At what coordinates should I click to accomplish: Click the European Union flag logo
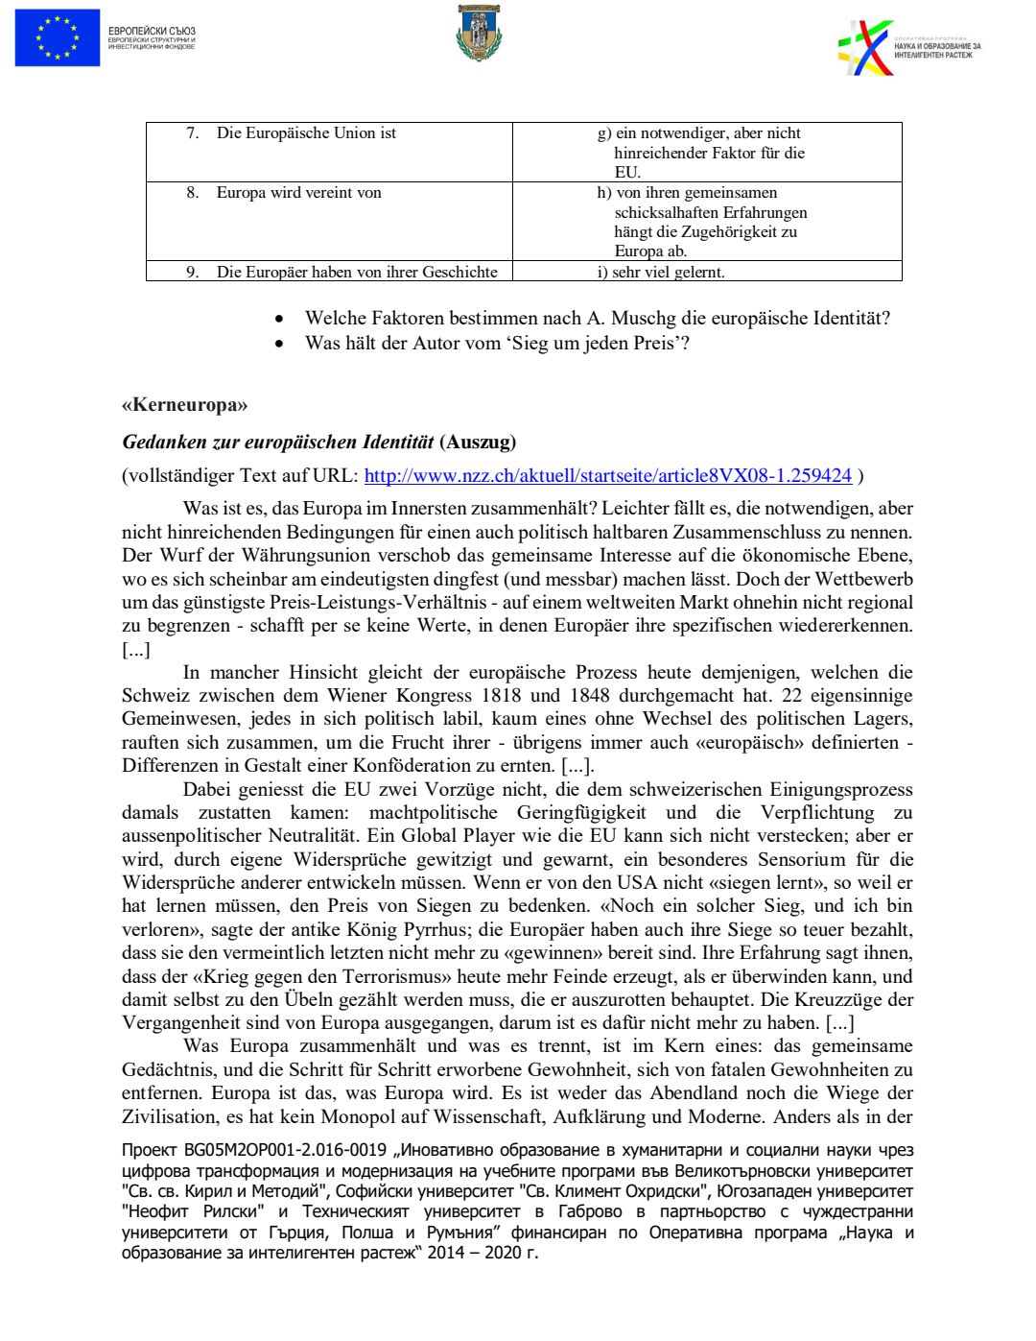pos(58,38)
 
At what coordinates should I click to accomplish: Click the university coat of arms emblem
pos(479,33)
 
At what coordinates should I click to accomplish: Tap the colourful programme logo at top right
pos(865,48)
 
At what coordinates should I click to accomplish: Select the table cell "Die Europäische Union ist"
pos(306,133)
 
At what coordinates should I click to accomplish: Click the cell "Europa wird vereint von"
pos(298,193)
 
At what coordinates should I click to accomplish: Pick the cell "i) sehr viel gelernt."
pos(661,273)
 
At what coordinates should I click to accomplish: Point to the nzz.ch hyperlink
pos(607,476)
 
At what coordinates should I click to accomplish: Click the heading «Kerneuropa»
pos(184,405)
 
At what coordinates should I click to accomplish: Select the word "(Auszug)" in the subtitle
pos(478,443)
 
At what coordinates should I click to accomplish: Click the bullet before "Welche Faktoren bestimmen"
pos(279,319)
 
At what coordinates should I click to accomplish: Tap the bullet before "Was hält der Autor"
pos(279,344)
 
